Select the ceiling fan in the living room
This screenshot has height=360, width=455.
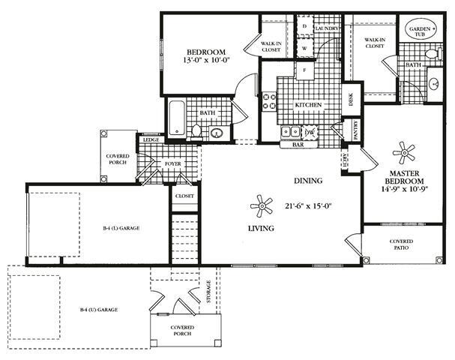(x=262, y=205)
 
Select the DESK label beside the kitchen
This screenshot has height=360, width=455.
(x=349, y=97)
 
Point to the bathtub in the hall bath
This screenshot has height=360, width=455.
(x=177, y=118)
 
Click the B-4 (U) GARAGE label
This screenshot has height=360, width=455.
(x=99, y=309)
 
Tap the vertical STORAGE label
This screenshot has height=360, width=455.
(x=208, y=292)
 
